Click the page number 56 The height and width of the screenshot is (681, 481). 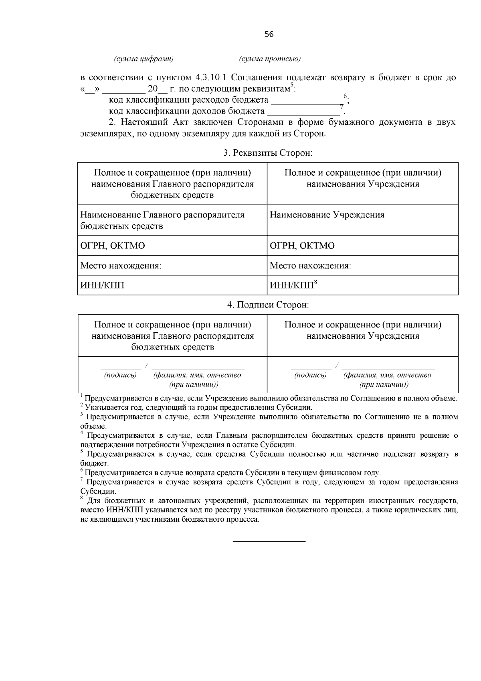click(269, 35)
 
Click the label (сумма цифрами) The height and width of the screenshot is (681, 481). click(144, 59)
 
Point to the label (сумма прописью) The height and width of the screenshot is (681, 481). click(270, 59)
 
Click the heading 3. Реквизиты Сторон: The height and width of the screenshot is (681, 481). click(268, 153)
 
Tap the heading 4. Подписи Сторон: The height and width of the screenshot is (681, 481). click(268, 305)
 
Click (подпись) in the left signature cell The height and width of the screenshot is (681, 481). click(120, 375)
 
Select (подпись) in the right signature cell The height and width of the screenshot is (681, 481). click(310, 375)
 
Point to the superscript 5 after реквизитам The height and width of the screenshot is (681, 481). click(292, 85)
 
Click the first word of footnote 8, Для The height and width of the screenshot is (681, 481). click(93, 501)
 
